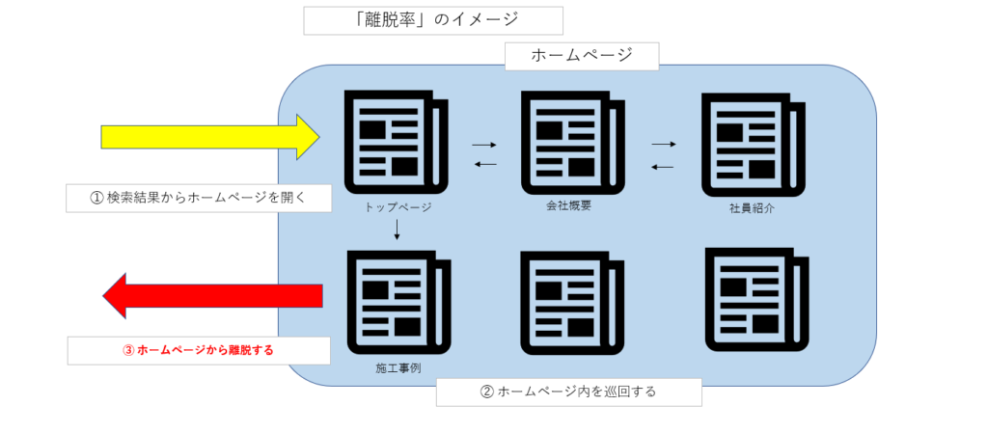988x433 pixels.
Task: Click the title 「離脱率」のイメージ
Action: point(432,20)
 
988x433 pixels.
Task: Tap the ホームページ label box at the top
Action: point(582,55)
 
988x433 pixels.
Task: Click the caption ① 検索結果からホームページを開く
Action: point(198,198)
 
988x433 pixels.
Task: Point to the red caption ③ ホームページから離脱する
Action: point(198,350)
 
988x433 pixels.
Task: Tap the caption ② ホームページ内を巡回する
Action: point(567,392)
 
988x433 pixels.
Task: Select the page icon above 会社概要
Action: point(566,141)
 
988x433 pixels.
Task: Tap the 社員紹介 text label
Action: point(753,208)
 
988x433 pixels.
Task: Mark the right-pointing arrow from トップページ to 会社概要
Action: point(484,145)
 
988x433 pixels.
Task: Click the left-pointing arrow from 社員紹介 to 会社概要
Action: point(663,167)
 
